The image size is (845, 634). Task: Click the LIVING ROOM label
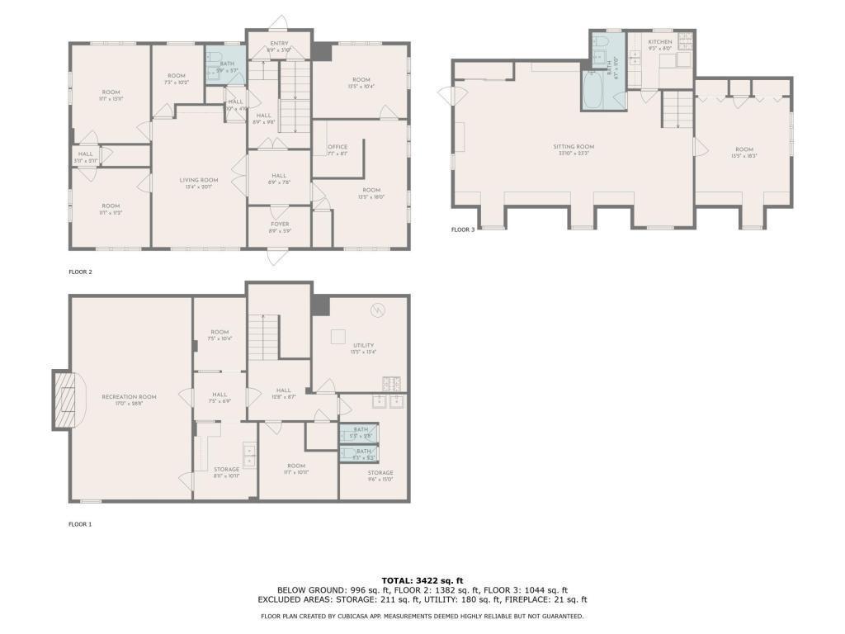point(199,180)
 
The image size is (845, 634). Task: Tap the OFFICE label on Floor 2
point(338,148)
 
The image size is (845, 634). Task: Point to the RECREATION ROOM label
point(129,397)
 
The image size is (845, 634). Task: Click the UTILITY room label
point(363,346)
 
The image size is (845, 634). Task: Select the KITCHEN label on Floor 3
point(659,42)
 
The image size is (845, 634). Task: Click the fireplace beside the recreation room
point(64,399)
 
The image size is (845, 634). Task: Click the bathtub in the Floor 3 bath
point(594,92)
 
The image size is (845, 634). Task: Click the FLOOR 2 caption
point(81,271)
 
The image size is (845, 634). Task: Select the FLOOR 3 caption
point(462,229)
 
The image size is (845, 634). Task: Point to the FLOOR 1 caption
point(80,523)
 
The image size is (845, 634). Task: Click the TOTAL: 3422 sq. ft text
point(422,580)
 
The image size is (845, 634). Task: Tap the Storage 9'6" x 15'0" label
point(380,473)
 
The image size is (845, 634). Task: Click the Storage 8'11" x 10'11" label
point(227,470)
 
